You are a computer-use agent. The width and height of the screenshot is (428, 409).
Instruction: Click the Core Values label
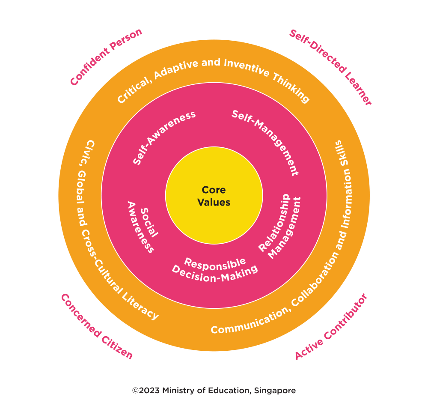point(214,196)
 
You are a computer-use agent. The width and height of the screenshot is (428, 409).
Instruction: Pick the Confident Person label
point(106,57)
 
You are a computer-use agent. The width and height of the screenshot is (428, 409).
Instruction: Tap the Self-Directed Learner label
point(330,67)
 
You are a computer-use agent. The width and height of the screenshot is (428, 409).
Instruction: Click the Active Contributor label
point(331,326)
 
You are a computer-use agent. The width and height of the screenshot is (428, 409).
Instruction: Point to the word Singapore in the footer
point(274,391)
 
